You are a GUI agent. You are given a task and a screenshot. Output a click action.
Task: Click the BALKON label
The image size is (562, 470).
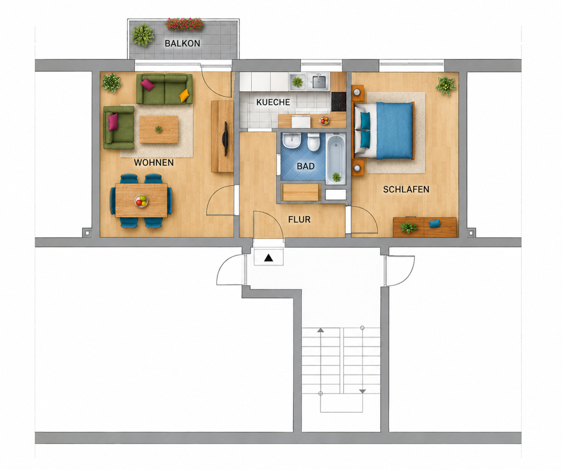coord(183,43)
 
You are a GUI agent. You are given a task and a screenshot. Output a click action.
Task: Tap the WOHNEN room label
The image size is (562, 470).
coord(154,163)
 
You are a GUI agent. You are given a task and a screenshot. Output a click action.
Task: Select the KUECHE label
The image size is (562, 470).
coord(273,102)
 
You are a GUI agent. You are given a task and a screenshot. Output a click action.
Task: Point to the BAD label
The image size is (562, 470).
coord(306,166)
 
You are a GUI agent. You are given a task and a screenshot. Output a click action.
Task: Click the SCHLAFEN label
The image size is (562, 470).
coord(406,189)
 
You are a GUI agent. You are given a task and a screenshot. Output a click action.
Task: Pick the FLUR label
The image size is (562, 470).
coord(300,220)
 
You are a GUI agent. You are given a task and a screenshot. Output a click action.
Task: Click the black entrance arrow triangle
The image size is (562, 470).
coord(269,258)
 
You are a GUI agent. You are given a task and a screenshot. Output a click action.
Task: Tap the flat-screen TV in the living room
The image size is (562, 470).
coord(226,139)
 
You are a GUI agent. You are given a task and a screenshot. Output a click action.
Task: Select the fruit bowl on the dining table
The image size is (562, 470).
coord(141,201)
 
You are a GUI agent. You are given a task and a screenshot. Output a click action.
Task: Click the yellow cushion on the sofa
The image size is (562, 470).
coord(184,95)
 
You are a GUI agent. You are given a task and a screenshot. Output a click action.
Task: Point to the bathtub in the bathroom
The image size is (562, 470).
coord(336,159)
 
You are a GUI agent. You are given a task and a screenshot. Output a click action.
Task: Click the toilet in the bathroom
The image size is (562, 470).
coord(313,142)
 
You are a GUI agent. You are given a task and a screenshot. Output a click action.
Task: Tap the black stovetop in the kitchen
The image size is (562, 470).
coord(338,102)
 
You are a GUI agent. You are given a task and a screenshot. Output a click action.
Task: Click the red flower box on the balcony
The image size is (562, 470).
coord(184,24)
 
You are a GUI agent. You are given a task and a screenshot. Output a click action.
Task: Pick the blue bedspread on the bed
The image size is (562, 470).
coord(395,130)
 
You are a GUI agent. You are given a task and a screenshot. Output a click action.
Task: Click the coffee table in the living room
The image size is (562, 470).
coord(159,129)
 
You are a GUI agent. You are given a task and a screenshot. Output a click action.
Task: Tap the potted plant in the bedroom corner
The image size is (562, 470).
coord(446,85)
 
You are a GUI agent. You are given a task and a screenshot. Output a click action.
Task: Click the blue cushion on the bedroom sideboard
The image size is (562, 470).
coord(434,224)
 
